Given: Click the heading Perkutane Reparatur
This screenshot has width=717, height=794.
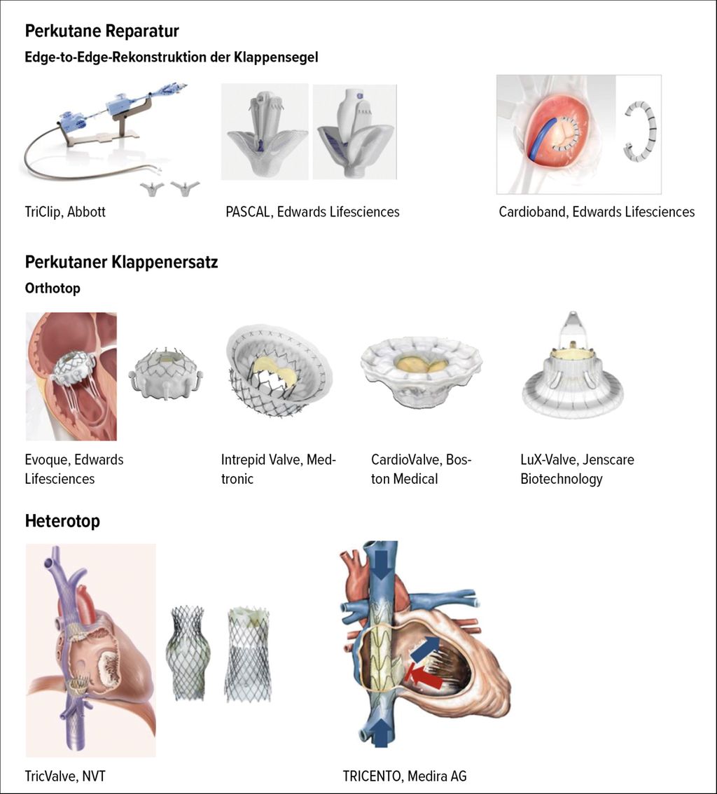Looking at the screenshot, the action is tap(102, 31).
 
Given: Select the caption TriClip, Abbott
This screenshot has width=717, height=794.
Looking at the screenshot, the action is tap(65, 211).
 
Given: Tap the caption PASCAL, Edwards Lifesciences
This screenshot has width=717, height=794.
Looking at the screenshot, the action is tap(312, 211).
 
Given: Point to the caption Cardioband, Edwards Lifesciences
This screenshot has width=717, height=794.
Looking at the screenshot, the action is tap(597, 211).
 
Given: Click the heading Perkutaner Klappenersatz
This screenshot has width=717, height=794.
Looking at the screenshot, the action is tap(122, 263).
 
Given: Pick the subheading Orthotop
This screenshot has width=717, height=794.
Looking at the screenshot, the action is tap(53, 288).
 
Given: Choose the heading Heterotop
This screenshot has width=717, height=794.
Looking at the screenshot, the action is tap(62, 521).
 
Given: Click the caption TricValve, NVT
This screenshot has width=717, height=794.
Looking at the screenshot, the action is tap(65, 776).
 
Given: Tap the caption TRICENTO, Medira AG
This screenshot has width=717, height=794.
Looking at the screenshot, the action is tap(405, 776).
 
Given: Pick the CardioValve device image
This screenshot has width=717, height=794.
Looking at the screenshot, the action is tap(421, 370).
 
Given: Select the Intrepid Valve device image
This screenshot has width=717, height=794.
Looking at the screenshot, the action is tap(279, 371).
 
